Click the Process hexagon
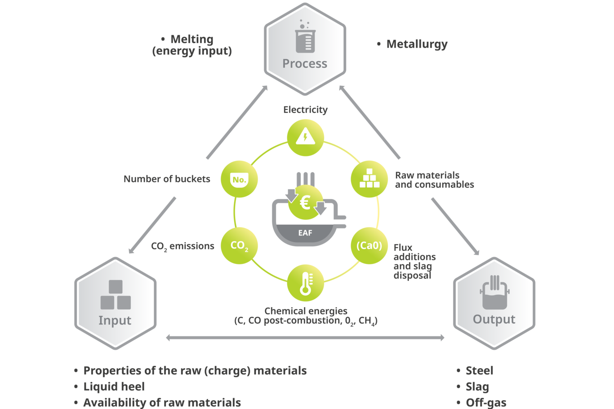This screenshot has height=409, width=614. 305,49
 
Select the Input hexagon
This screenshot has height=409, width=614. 115,304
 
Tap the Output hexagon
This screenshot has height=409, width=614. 494,304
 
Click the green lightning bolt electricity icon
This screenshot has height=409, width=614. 306,137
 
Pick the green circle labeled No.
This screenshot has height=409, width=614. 239,179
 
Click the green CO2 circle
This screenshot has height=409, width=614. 239,245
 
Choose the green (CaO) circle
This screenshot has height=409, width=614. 369,245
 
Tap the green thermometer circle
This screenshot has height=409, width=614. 306,283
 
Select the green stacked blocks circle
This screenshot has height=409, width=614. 369,179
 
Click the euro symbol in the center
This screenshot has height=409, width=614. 305,203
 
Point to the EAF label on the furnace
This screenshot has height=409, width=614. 305,233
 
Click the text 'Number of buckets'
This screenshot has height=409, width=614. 167,179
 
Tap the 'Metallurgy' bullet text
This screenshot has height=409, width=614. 417,44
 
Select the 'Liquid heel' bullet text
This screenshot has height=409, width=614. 114,387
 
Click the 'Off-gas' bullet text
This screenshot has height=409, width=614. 486,402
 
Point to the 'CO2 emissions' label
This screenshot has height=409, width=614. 182,246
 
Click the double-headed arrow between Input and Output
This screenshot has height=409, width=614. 305,338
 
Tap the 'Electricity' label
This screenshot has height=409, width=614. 306,110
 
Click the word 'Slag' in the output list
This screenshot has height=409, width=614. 477,387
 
